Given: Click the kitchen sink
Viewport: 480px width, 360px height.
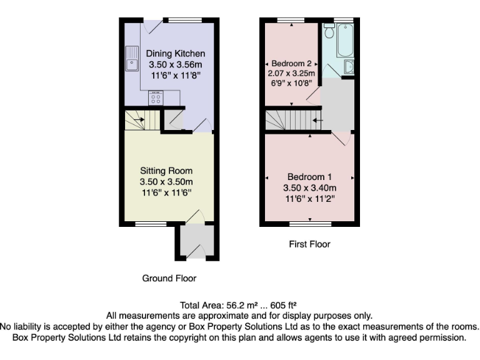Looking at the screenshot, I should point(132,58).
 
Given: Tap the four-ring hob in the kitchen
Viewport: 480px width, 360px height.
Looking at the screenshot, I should point(156,98).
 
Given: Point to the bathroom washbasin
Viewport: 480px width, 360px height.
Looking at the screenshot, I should point(349,67).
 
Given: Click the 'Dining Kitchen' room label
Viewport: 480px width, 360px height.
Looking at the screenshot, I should point(175,53).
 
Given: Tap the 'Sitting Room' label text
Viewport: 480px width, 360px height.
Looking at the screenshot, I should point(166,171).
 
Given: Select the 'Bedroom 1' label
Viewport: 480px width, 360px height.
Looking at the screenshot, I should point(311,176).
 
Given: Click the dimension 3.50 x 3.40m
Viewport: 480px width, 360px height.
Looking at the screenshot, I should point(311,187).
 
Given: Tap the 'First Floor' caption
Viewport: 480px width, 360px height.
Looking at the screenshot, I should point(309,244).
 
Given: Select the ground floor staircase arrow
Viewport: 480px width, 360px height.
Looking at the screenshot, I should point(139,119).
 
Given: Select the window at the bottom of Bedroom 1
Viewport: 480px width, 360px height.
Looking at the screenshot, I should point(311,223).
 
